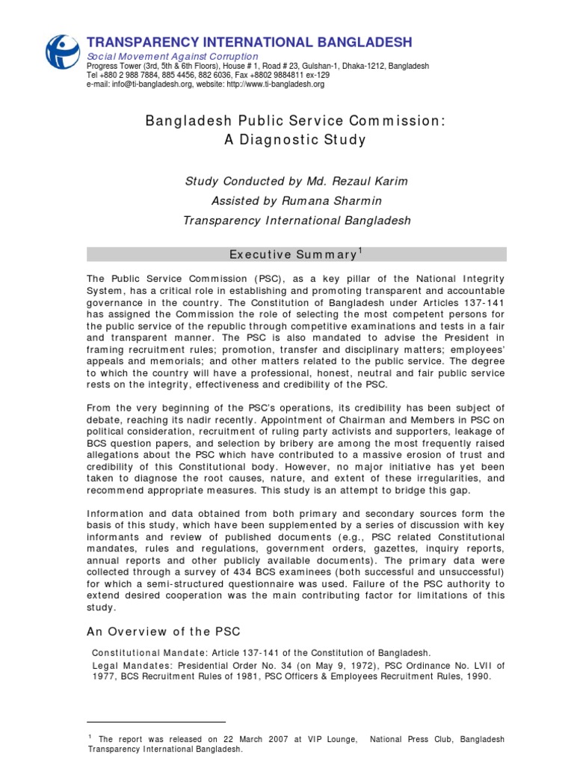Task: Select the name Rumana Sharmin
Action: pos(351,200)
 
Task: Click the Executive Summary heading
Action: pos(292,255)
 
